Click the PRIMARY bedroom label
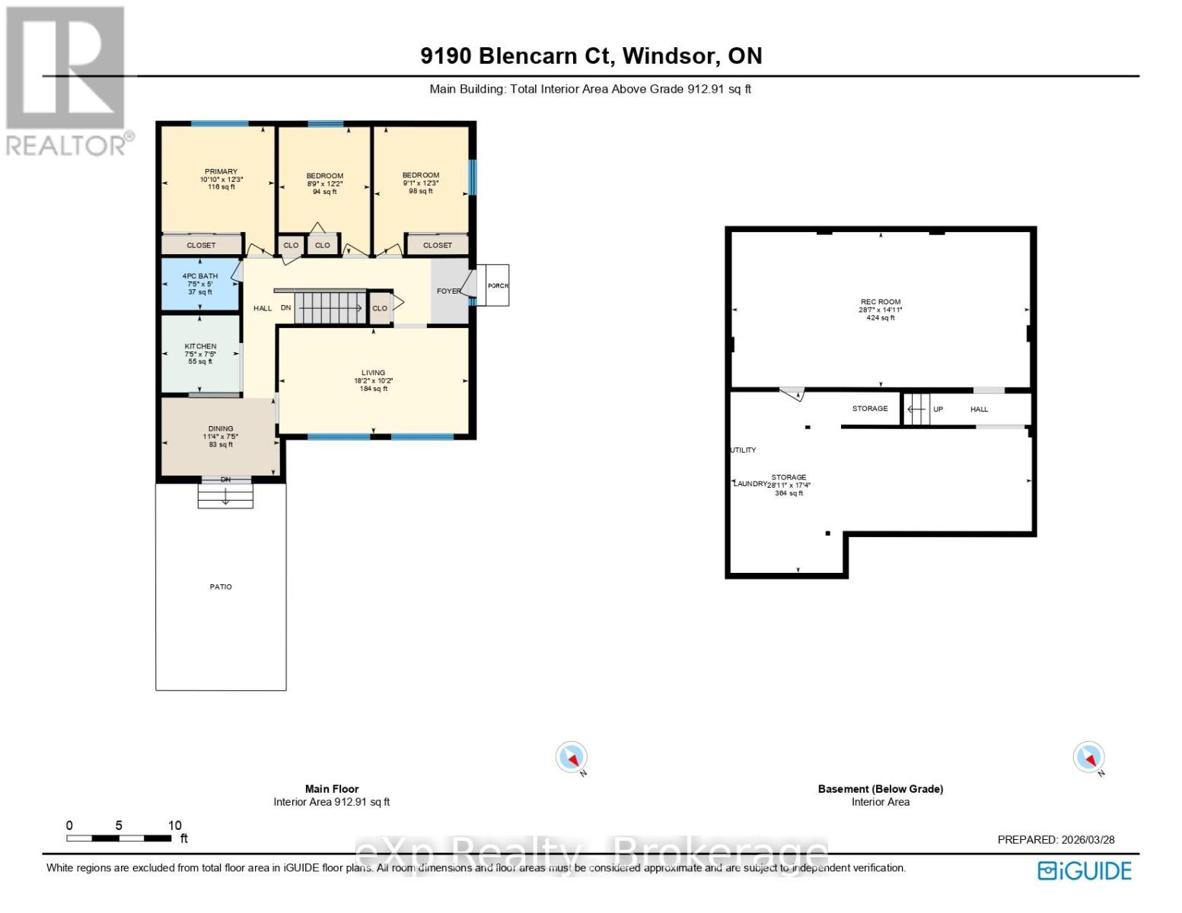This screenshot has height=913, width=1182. [x=221, y=172]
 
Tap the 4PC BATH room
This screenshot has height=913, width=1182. [x=200, y=283]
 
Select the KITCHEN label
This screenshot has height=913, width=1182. [x=200, y=346]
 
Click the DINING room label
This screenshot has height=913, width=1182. [x=221, y=429]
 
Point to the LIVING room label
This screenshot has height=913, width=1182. [x=373, y=373]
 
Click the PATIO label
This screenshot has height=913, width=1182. [x=221, y=587]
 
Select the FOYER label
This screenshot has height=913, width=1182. [x=448, y=291]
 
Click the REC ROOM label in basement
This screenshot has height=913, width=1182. [x=881, y=302]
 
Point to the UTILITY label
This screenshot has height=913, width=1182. [x=744, y=450]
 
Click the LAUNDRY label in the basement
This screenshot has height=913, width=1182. [x=750, y=484]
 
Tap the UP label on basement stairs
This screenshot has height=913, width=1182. [x=938, y=409]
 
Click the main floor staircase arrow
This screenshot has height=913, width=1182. [x=330, y=308]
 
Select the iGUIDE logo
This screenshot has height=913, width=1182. [x=1085, y=870]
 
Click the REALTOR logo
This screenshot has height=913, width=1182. [x=67, y=80]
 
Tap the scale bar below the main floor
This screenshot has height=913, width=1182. [x=119, y=838]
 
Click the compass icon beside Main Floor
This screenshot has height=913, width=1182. [x=571, y=758]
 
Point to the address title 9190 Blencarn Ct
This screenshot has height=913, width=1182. [x=591, y=56]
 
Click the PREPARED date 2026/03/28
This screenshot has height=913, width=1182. [x=1056, y=840]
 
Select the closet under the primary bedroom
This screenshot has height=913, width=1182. [x=202, y=245]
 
